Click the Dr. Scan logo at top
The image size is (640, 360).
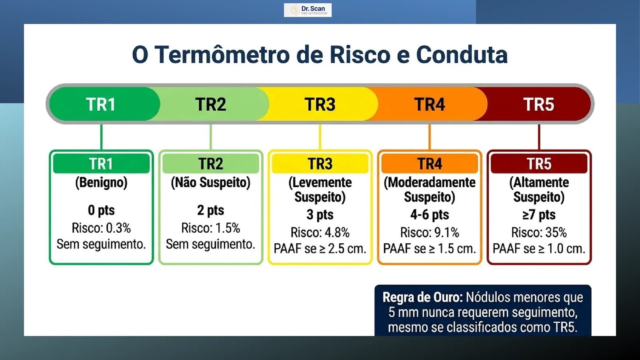[x=308, y=10]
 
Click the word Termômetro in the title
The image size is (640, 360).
[x=222, y=54]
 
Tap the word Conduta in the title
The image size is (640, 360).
[x=462, y=54]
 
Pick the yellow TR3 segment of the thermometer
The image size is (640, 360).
[x=320, y=104]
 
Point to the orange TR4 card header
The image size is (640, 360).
[x=430, y=164]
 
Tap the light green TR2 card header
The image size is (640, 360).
[x=211, y=164]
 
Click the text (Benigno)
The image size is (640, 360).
[x=102, y=183]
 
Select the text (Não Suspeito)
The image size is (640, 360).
[x=211, y=183]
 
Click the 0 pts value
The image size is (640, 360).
[x=102, y=210]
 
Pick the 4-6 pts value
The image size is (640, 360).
[x=430, y=214]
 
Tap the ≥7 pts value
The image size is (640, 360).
[x=539, y=214]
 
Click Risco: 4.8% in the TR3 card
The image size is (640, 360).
[x=320, y=232]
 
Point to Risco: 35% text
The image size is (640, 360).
[x=539, y=232]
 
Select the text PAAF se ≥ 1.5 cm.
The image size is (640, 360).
[x=430, y=248]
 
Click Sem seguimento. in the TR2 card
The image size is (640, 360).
[x=210, y=244]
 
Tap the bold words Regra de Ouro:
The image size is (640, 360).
[x=422, y=298]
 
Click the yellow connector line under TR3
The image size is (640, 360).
[x=320, y=137]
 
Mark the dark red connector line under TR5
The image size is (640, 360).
[x=539, y=137]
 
